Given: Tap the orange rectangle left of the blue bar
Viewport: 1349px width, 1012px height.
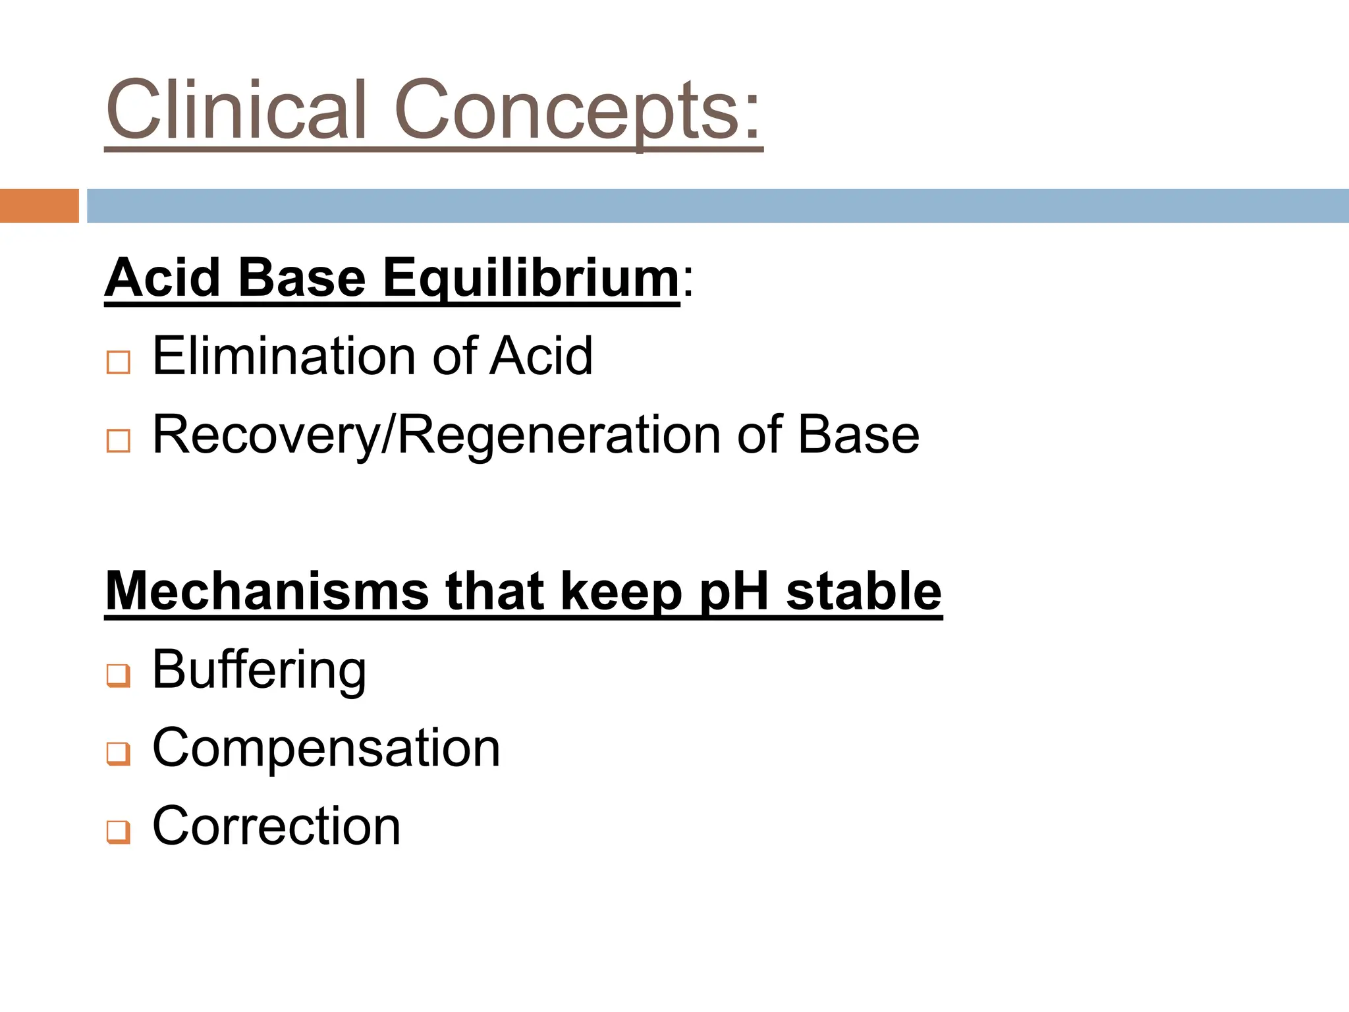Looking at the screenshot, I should point(39,206).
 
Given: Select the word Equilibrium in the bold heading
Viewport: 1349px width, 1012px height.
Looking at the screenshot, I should point(531,278).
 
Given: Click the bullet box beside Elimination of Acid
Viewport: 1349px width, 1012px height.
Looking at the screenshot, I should point(119,362).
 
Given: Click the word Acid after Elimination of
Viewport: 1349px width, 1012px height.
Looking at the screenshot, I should point(541,356).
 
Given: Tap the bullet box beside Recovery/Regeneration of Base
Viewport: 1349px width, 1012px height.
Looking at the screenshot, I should point(119,441).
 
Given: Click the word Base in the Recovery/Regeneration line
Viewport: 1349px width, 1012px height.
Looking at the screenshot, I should point(858,435).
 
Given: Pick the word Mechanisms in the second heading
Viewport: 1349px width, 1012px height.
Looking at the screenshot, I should point(267,591).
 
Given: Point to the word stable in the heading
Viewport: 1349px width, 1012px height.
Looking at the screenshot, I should point(864,591).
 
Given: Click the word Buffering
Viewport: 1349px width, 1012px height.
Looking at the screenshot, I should point(259,670).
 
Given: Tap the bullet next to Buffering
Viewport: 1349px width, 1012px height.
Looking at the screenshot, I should point(119,675).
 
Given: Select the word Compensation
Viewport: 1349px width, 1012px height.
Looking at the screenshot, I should point(326,748).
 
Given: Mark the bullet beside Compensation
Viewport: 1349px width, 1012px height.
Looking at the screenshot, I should point(119,753).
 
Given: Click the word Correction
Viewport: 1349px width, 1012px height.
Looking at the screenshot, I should point(276,826).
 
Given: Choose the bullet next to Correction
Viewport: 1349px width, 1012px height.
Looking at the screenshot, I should point(119,831).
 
